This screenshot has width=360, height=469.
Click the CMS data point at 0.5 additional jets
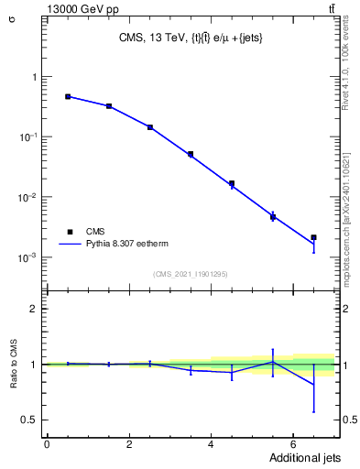point(68,96)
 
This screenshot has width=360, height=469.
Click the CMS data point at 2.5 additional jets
point(149,127)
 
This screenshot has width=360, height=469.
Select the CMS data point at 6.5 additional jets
point(313,237)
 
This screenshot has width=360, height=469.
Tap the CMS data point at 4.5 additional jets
point(232,183)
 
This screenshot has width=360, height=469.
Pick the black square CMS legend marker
point(69,232)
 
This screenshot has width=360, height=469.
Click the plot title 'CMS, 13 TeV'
point(191,38)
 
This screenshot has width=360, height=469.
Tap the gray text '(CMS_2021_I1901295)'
point(191,274)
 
